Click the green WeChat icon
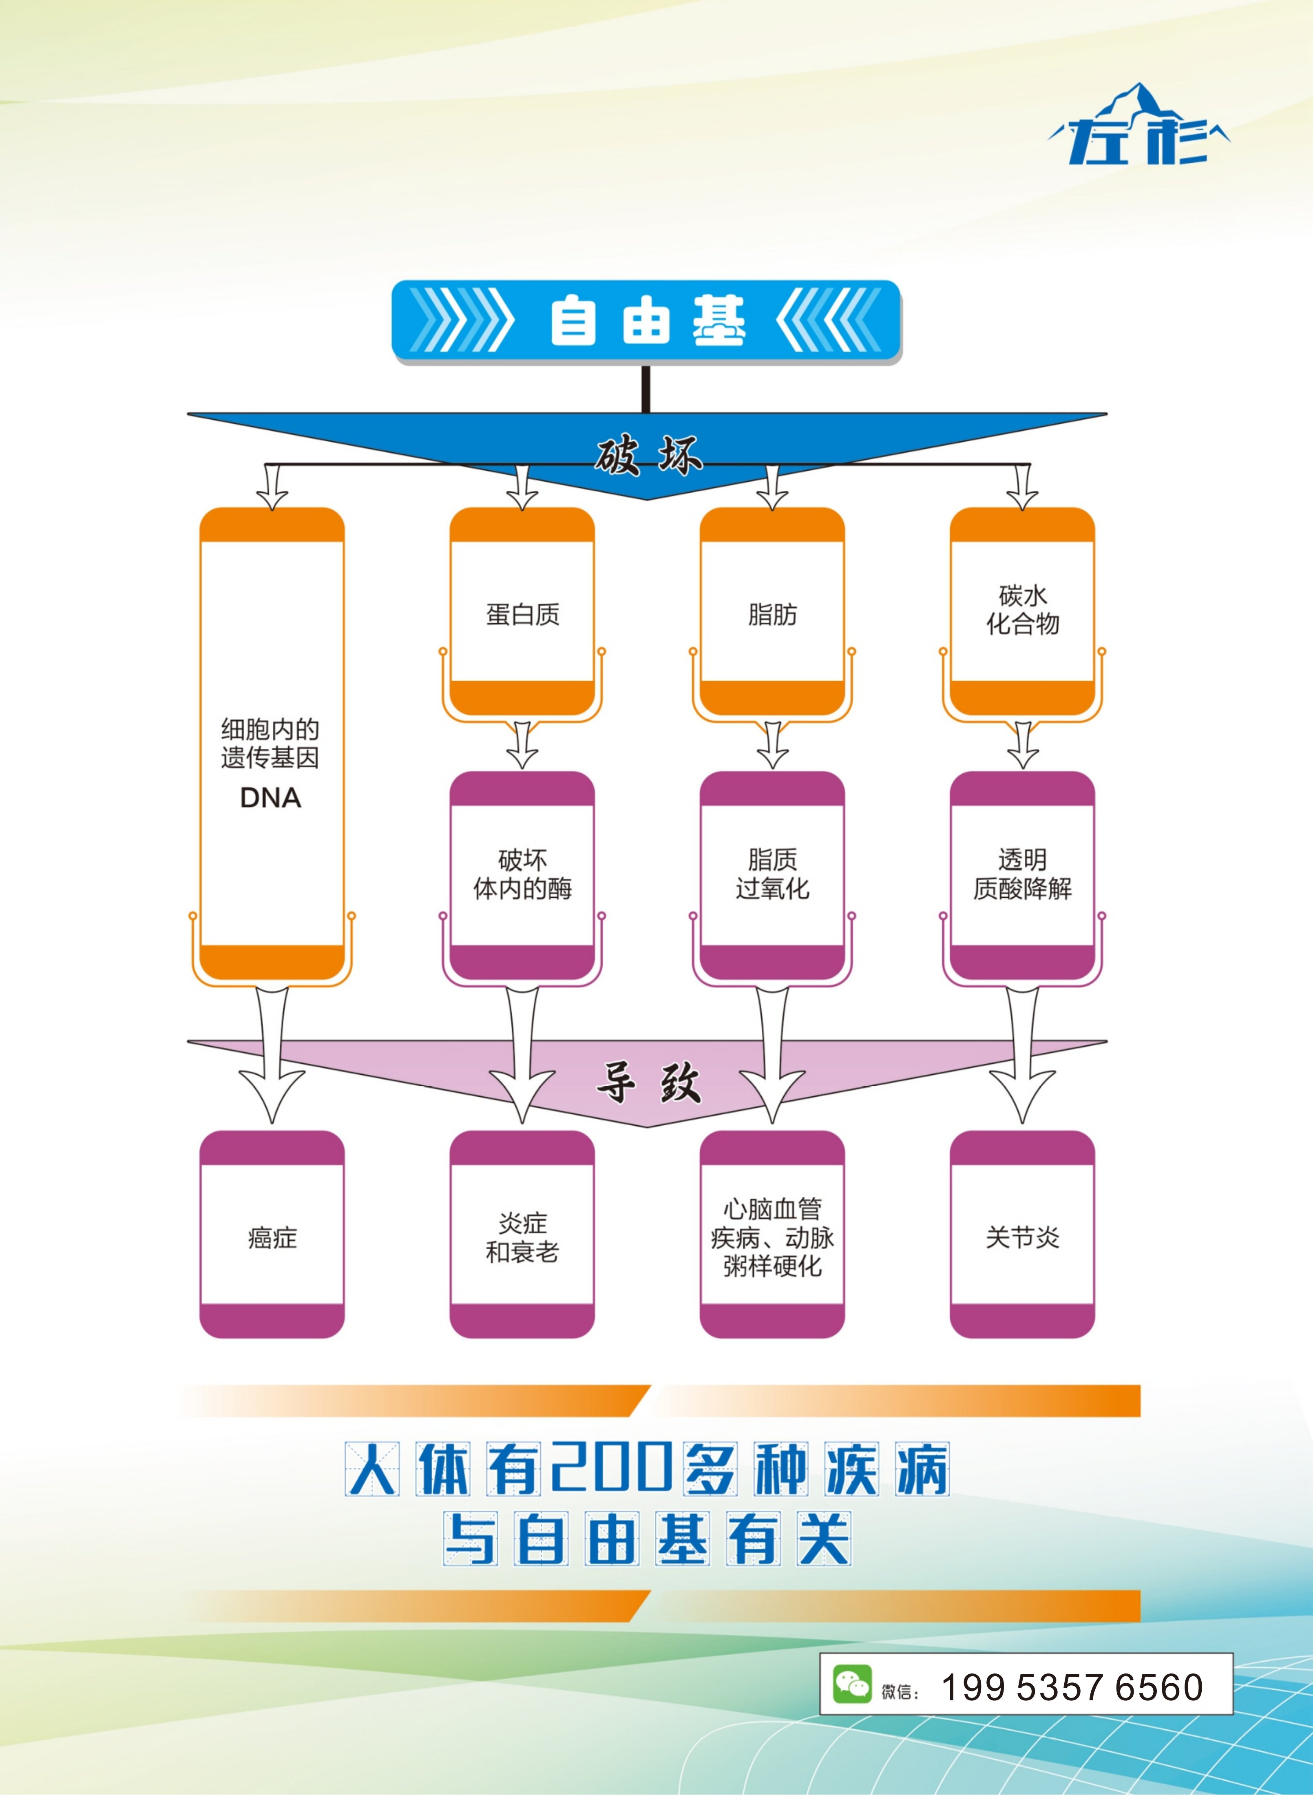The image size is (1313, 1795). [x=852, y=1684]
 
